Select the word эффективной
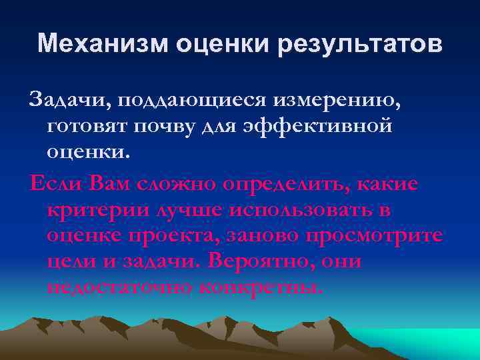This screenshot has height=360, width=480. click(x=321, y=127)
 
